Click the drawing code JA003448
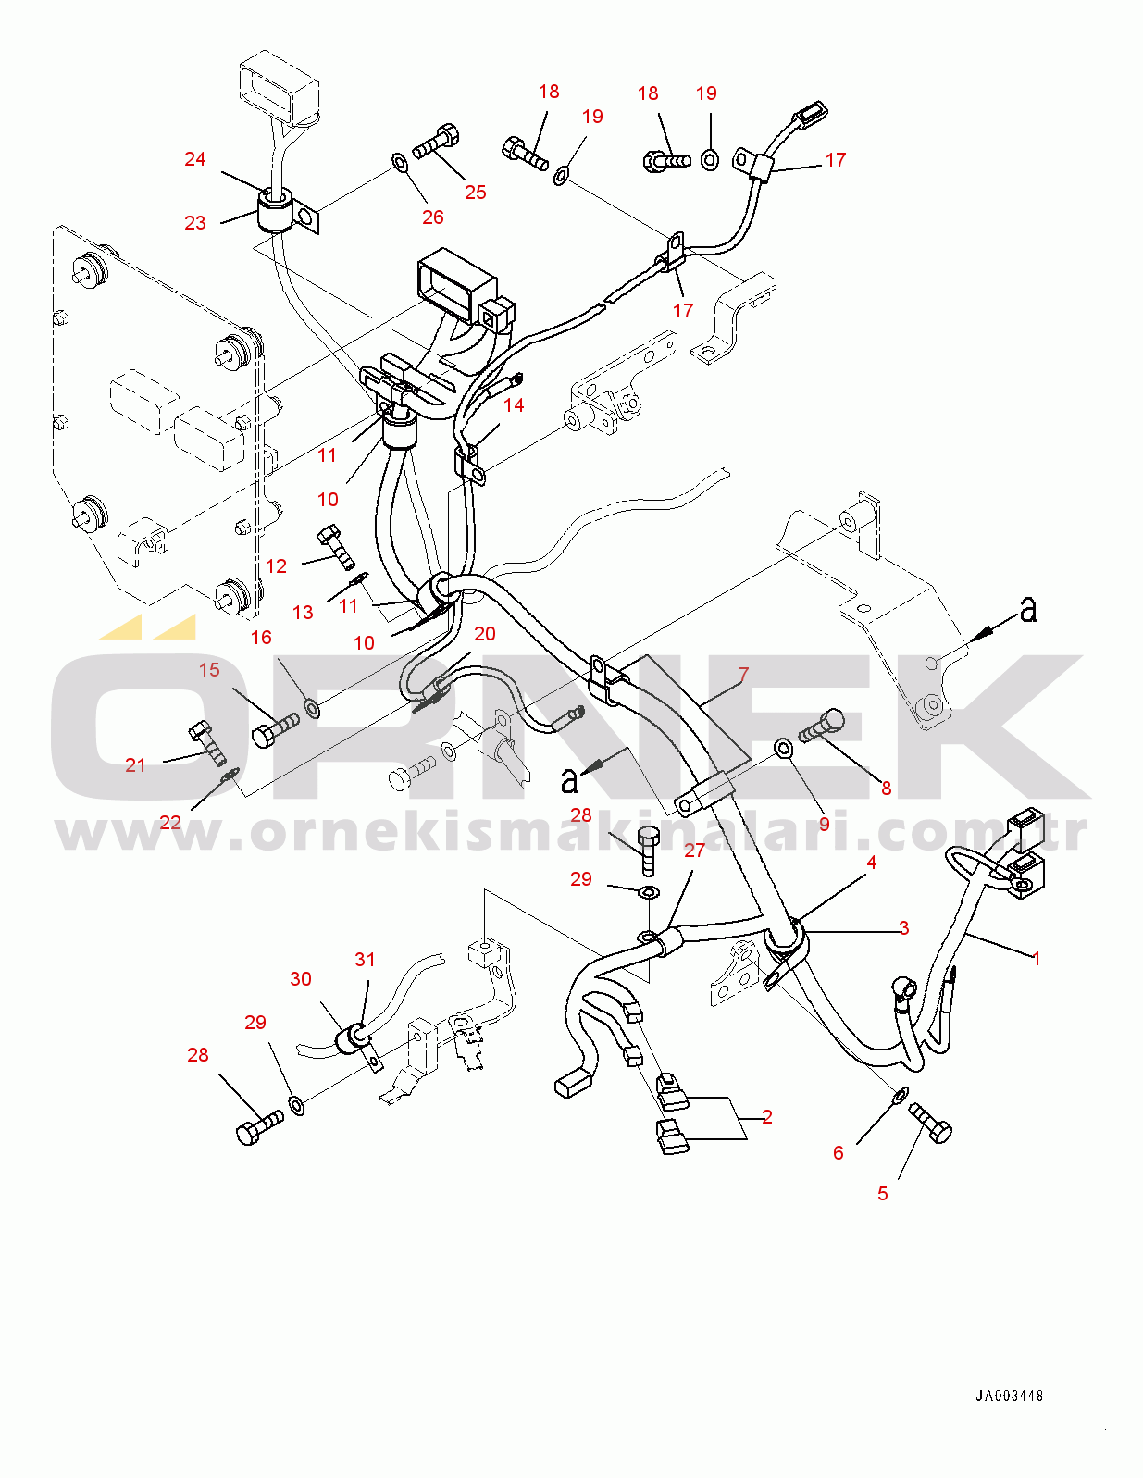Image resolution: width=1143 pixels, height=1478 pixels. [x=1009, y=1396]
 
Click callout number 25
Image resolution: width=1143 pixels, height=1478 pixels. [x=475, y=193]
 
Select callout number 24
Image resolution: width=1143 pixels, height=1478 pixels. [x=194, y=159]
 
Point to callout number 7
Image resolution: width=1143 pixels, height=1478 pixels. [x=743, y=675]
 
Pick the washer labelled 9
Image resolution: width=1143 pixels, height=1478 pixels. [x=782, y=746]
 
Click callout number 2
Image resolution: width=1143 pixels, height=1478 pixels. [x=767, y=1117]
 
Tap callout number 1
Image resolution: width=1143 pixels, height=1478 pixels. [x=1037, y=959]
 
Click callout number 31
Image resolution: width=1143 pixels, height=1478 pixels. [x=365, y=960]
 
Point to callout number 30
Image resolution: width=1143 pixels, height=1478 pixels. [x=301, y=979]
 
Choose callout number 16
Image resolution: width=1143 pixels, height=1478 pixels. [x=261, y=638]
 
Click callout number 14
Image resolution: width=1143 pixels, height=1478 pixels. [x=514, y=405]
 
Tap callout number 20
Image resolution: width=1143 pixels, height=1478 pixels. [x=485, y=634]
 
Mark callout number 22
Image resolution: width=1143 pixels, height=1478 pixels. [x=170, y=822]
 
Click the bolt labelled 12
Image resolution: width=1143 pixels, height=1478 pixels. [x=337, y=547]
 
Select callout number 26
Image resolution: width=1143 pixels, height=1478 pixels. [x=432, y=217]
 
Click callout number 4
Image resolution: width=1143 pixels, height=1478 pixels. [x=871, y=863]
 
